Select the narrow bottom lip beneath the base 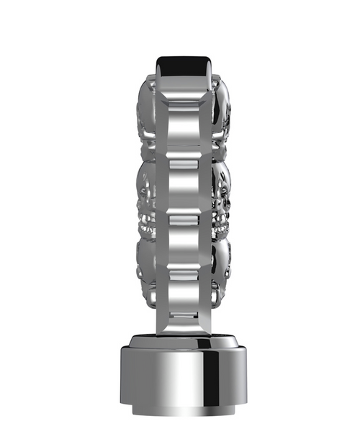pyautogui.click(x=180, y=412)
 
